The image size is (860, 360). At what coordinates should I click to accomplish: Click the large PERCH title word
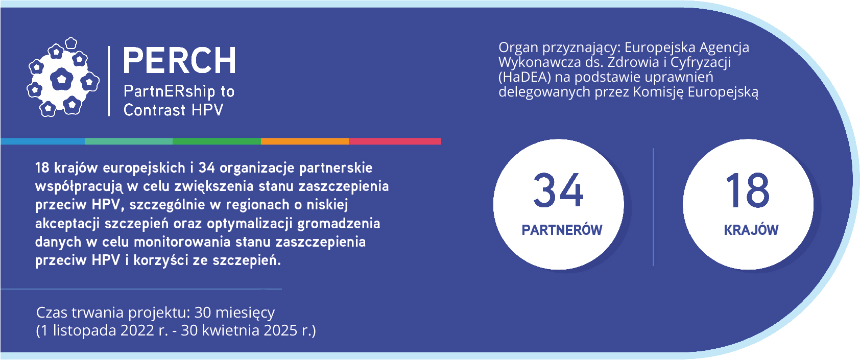179,60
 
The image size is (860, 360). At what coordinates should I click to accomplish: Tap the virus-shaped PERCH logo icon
63,77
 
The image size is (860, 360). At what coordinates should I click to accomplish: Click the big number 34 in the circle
558,190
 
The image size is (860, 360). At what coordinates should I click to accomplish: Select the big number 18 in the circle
748,190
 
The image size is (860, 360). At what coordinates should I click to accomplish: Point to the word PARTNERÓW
562,230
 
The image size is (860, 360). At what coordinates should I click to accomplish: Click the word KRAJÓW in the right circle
751,230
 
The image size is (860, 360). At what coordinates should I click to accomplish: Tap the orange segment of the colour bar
305,141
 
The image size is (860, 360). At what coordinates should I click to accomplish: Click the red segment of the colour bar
395,141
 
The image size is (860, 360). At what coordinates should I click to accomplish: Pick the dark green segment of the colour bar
217,141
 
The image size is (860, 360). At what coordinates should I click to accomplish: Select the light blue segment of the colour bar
42,141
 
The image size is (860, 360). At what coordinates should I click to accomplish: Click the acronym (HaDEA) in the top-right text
524,77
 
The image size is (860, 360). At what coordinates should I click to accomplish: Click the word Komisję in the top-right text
658,92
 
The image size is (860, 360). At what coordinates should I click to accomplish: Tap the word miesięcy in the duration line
245,313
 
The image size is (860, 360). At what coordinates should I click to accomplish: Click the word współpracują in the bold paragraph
79,186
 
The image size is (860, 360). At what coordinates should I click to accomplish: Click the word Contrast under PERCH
154,110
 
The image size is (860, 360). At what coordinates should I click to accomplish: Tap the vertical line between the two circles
654,207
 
